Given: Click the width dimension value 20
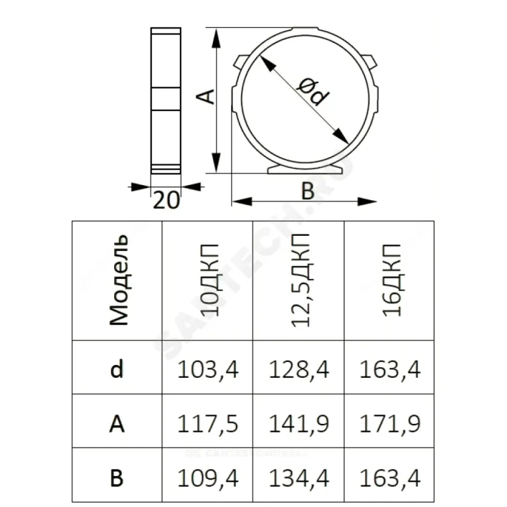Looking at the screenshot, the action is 166,200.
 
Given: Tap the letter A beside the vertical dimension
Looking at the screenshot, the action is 205,96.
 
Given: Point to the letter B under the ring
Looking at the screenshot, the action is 307,191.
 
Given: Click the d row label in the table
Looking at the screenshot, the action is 117,369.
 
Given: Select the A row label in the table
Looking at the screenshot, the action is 117,423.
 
